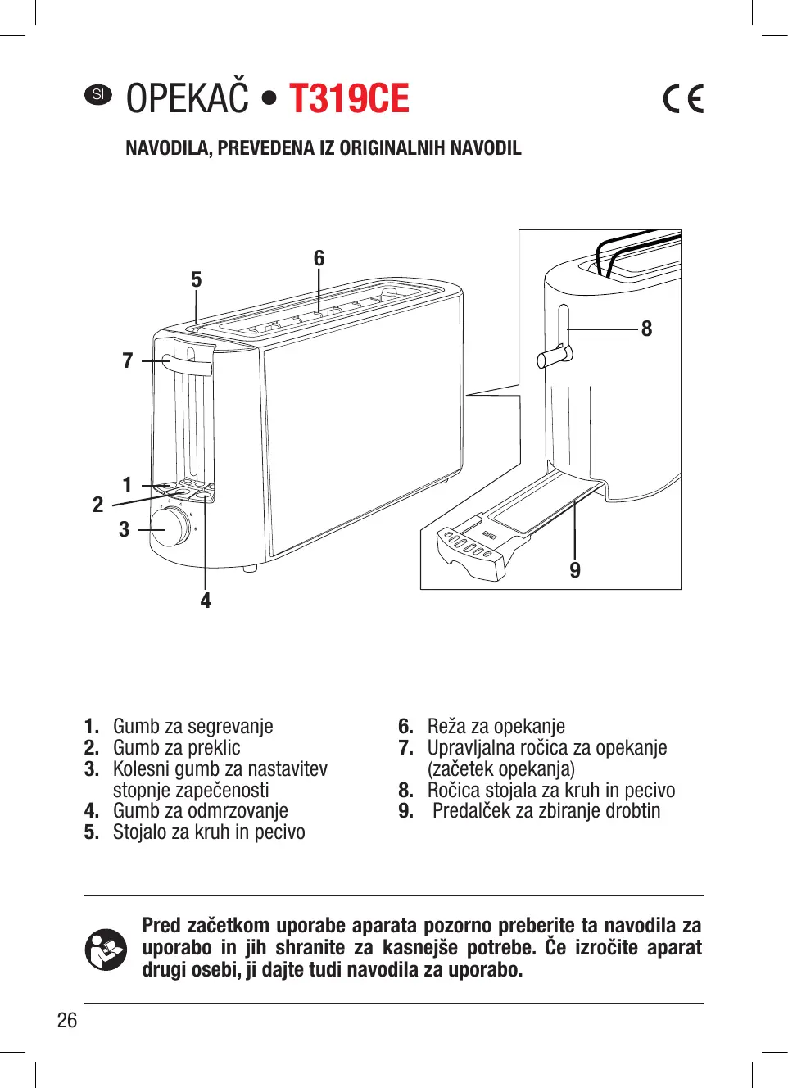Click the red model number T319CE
pos(349,99)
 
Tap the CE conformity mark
pos(683,99)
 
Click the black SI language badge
pos(98,94)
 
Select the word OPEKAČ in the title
pos(187,99)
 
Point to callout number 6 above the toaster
pos(319,258)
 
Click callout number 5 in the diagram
pos(196,280)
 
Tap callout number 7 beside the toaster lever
pos(128,360)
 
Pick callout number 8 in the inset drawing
pos(646,329)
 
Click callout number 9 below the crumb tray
pos(575,570)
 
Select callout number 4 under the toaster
pos(206,601)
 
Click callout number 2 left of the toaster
pos(98,505)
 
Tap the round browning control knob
pos(170,527)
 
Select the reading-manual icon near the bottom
pos(106,950)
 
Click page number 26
pos(67,1020)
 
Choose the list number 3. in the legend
pos(92,769)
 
